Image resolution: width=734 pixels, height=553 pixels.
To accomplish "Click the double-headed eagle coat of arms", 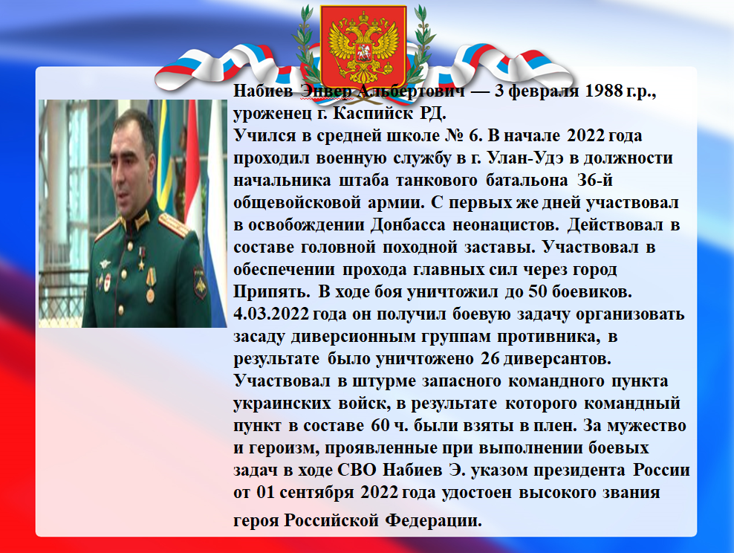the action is [363, 45].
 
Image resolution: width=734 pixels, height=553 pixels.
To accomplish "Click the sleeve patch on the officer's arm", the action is [200, 282].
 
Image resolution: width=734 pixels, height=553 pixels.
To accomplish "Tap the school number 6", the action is [475, 136].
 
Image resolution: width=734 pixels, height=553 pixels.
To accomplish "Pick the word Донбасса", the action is [408, 225].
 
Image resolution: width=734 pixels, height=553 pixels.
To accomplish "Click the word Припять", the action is [271, 292].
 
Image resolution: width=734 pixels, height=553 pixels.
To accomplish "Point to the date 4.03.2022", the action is [271, 314].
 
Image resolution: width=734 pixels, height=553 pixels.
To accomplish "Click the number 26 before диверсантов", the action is [490, 359].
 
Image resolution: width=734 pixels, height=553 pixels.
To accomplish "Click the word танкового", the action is [436, 181].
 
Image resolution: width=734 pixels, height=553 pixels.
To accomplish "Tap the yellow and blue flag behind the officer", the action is [165, 155].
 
